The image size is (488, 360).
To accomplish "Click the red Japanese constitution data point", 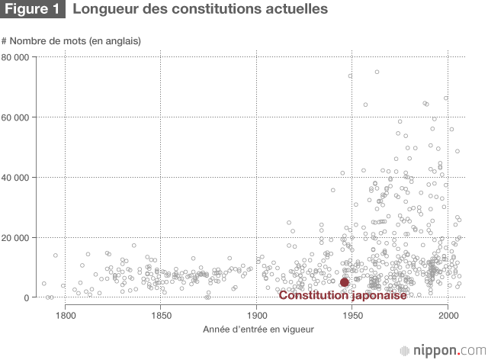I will pos(344,282).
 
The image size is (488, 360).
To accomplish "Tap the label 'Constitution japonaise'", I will pos(342,295).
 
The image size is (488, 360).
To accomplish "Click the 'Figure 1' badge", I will pos(33,10).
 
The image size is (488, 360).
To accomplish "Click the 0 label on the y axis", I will pos(47,297).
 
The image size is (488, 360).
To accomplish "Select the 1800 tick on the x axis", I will pos(66,313).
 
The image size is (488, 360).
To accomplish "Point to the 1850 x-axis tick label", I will pos(160,313).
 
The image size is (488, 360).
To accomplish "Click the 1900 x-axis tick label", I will pos(257,313).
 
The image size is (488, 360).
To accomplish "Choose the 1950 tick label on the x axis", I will pos(352,313).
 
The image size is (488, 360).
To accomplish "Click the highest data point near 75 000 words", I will pos(377,72).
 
